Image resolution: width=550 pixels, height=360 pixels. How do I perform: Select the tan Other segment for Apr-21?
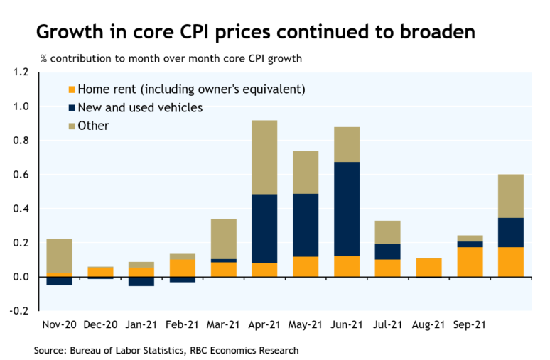pos(264,157)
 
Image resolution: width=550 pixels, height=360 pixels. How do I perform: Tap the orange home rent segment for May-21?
pos(306,266)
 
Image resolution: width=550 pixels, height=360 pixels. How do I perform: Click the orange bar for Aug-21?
pos(428,267)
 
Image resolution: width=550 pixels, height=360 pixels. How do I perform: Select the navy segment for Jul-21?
pos(388,251)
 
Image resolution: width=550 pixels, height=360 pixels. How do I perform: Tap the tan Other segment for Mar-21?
pos(223,239)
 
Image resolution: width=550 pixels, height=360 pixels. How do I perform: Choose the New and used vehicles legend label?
pos(140,108)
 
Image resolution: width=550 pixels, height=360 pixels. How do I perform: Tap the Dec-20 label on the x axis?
pos(100,325)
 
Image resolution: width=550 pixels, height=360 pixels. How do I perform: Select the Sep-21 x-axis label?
pos(470,325)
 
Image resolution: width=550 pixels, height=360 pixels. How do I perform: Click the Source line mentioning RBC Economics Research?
pos(166,350)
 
